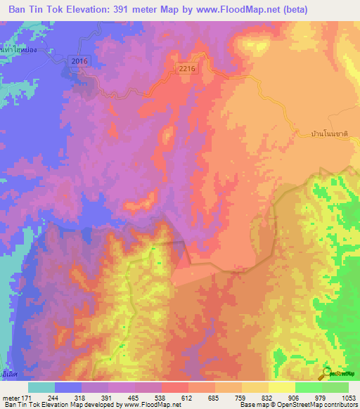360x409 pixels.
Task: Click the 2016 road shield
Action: point(79,63)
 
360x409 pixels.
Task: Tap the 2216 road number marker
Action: point(186,68)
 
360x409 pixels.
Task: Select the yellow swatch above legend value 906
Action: point(282,387)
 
